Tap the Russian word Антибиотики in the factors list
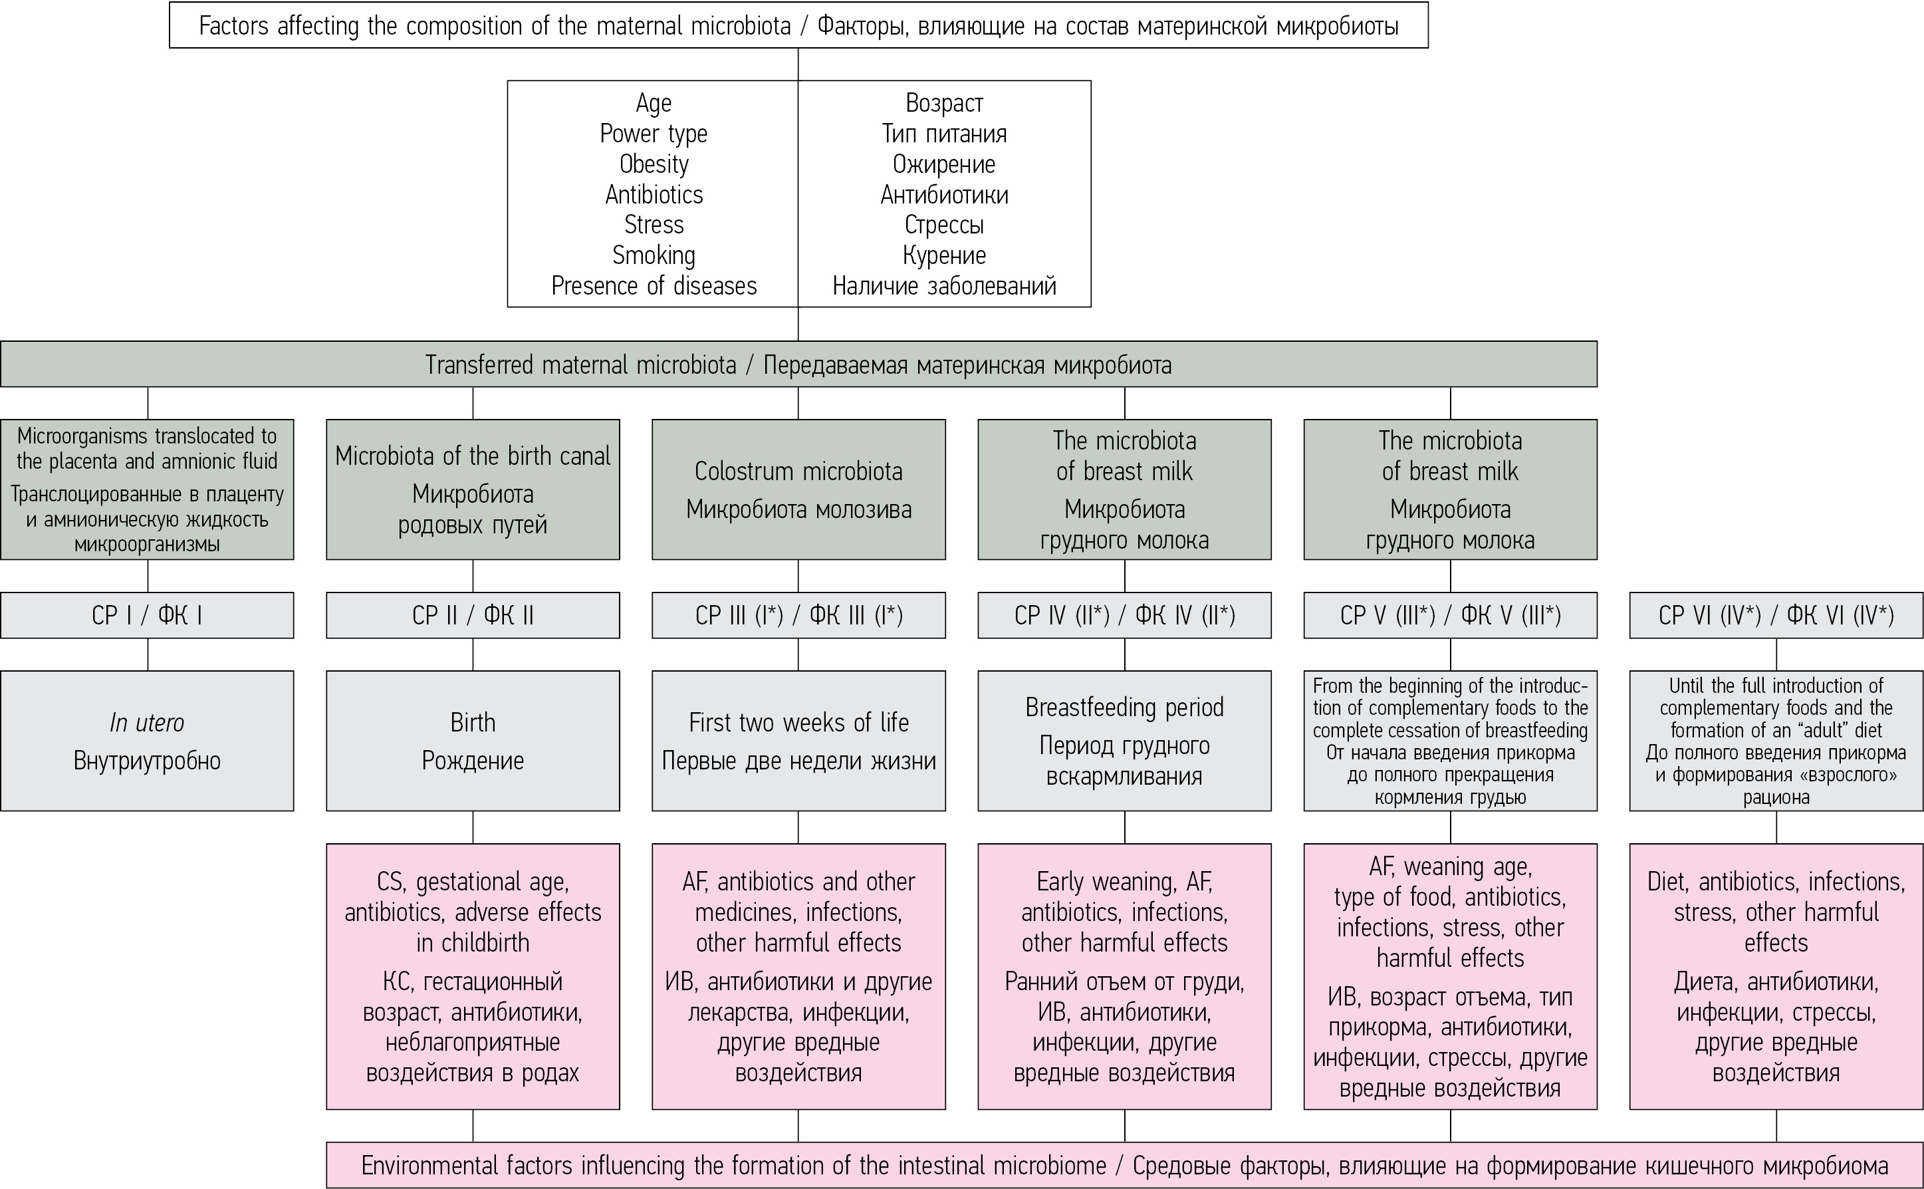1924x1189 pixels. [944, 195]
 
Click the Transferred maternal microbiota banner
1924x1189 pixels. [798, 365]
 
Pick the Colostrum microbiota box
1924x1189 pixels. [798, 489]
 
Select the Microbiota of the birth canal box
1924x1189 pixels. [472, 489]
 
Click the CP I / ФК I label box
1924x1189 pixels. [147, 615]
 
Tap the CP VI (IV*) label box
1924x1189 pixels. [1776, 615]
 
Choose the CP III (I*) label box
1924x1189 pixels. [798, 615]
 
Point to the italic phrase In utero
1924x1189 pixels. [147, 723]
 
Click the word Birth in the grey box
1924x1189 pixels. [472, 723]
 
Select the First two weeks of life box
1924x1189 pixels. [798, 740]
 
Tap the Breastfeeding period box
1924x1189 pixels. [1124, 740]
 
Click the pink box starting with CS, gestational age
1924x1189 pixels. [472, 976]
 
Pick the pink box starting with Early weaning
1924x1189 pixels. [1124, 976]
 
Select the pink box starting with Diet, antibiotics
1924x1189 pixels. [1776, 976]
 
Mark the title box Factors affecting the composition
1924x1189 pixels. [798, 26]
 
